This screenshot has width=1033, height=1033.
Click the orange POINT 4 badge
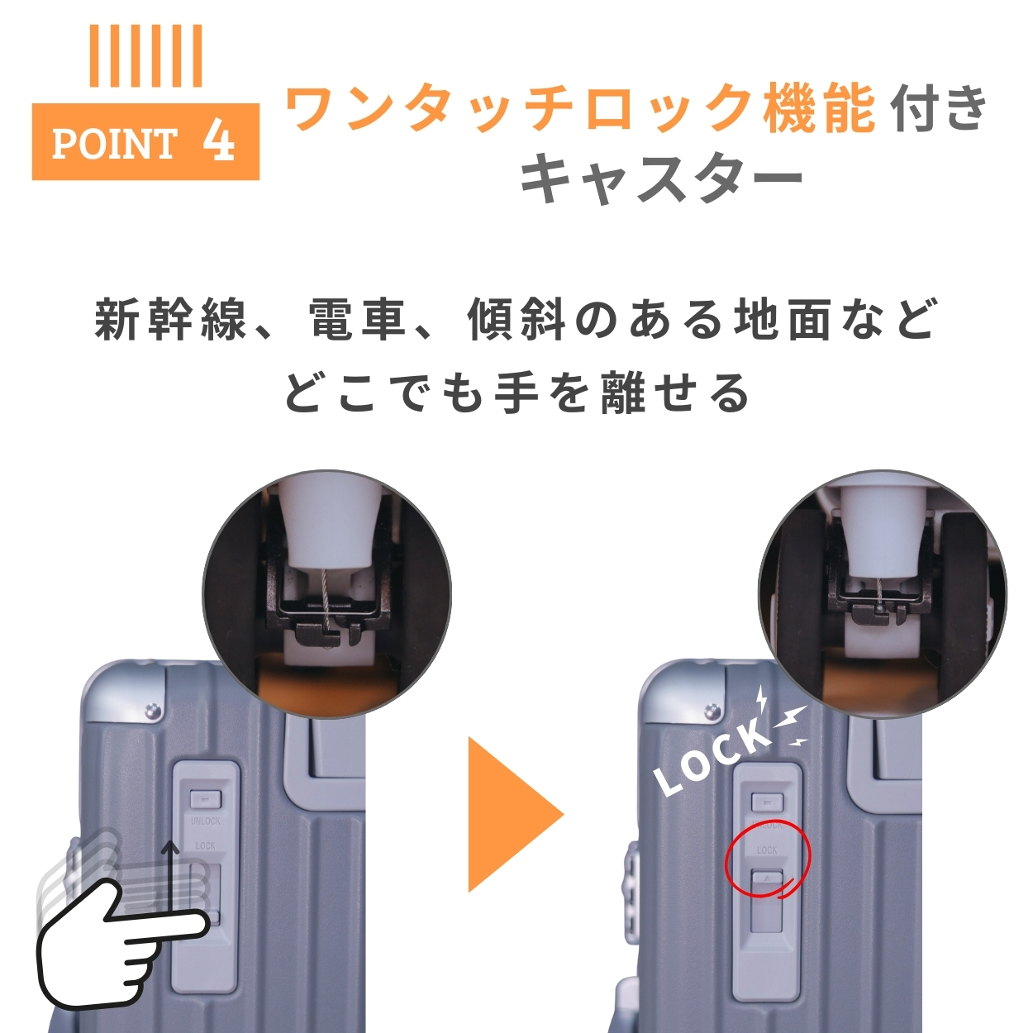tap(145, 141)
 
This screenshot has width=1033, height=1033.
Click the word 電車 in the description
tap(357, 322)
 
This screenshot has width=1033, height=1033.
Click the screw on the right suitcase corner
tap(711, 710)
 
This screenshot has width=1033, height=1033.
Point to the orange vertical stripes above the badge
tap(145, 55)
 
